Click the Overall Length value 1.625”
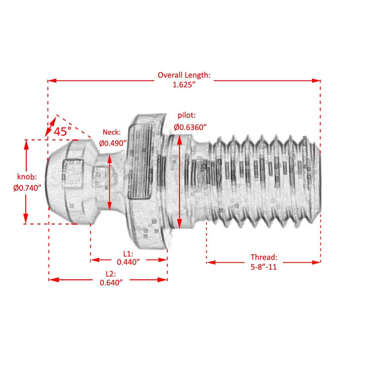tap(184, 85)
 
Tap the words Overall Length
tap(184, 75)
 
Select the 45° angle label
tap(62, 132)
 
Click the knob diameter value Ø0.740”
tap(27, 188)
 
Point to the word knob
tap(27, 177)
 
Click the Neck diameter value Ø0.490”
tap(113, 143)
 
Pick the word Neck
tap(112, 132)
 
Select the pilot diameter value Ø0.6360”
tap(190, 127)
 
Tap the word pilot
tap(187, 116)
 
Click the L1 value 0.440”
tap(128, 262)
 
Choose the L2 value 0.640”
tap(111, 283)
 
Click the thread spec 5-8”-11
tap(264, 267)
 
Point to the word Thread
tap(264, 257)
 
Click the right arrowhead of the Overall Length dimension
tap(316, 81)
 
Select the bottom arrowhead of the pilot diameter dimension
tap(179, 224)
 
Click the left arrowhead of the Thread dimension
tap(211, 262)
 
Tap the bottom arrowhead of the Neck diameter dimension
tap(109, 206)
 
